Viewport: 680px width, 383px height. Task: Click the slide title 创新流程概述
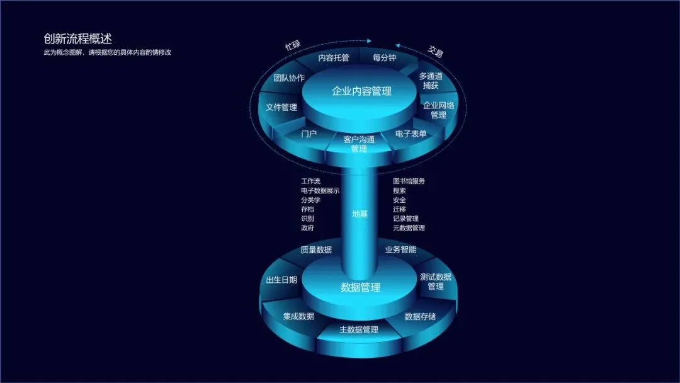pos(77,39)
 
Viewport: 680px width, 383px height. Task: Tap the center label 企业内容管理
pos(361,91)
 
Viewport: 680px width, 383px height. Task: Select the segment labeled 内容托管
pos(333,58)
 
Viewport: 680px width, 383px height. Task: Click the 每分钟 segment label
pos(384,58)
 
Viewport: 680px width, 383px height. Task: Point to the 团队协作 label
pos(289,78)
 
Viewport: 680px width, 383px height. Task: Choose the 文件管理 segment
pos(281,108)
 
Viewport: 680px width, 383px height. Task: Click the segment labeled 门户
pos(309,134)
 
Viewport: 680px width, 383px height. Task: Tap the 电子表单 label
pos(411,134)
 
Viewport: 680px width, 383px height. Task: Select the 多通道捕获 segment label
pos(431,81)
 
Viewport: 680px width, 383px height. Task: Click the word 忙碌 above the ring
pos(293,45)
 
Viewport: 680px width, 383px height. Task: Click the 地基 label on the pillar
pos(360,214)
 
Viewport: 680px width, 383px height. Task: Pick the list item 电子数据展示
pos(320,191)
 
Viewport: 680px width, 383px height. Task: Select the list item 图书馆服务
pos(409,181)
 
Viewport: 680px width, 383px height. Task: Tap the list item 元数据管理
pos(409,228)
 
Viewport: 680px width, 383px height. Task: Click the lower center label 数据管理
pos(360,288)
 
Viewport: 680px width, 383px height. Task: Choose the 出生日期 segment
pos(281,280)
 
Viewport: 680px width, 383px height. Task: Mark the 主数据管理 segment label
pos(359,330)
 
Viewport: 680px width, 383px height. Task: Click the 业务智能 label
pos(400,249)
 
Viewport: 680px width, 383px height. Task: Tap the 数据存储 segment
pos(420,316)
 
